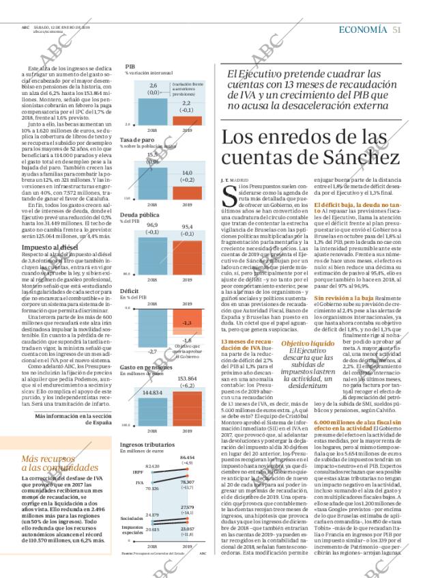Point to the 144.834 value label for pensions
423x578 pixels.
pos(153,393)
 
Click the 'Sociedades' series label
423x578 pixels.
pos(132,518)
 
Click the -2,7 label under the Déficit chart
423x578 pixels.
pos(153,351)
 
